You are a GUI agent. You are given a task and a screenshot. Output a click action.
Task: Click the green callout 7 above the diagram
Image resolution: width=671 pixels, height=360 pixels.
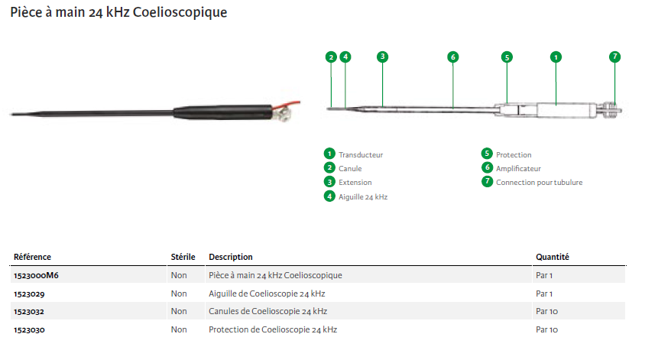tap(614, 57)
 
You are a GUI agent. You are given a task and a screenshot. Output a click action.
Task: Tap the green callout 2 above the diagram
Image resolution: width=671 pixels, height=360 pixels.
tap(331, 57)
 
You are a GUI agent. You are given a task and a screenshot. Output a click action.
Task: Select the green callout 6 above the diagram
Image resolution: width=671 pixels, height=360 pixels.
tap(452, 57)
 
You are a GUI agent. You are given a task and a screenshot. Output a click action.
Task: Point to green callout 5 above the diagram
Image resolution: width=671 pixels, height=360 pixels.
tap(507, 57)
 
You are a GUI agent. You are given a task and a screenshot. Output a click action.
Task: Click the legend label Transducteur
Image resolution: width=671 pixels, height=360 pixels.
tap(361, 155)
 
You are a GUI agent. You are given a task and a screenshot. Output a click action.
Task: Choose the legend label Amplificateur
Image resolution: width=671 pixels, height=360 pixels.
tap(518, 169)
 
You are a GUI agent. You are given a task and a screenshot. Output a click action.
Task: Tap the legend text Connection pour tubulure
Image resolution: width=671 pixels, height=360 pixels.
tap(540, 183)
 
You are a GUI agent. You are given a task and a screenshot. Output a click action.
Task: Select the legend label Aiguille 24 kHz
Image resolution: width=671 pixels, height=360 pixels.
tap(363, 197)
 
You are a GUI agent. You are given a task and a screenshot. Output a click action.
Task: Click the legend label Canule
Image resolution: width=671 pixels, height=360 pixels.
tap(350, 169)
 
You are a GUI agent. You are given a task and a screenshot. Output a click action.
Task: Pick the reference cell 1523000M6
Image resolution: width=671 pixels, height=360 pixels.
tap(36, 275)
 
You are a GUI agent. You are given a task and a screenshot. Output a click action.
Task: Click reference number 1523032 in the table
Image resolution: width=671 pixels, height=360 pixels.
tap(29, 312)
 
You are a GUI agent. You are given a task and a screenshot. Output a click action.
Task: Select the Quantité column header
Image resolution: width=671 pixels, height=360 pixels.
tap(553, 257)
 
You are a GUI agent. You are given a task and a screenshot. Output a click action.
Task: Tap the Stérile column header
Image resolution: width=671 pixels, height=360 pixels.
tap(183, 257)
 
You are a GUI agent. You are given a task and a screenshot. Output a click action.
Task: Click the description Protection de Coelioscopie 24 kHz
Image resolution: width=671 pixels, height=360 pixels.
tap(273, 329)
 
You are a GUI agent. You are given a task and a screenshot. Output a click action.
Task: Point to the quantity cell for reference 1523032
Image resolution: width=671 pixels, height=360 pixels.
tap(546, 312)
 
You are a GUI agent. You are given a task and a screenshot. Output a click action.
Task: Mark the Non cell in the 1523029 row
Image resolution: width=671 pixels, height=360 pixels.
tap(179, 294)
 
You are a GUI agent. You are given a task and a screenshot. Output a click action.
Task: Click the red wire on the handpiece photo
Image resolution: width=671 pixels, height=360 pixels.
tap(287, 105)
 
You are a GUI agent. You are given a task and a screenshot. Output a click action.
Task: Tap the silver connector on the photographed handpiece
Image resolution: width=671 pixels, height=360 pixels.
tap(284, 113)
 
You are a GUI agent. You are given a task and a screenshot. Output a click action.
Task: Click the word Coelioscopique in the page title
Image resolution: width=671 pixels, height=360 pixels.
tap(180, 12)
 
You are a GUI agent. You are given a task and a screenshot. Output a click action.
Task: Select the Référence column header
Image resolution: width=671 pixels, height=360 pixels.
tap(32, 257)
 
